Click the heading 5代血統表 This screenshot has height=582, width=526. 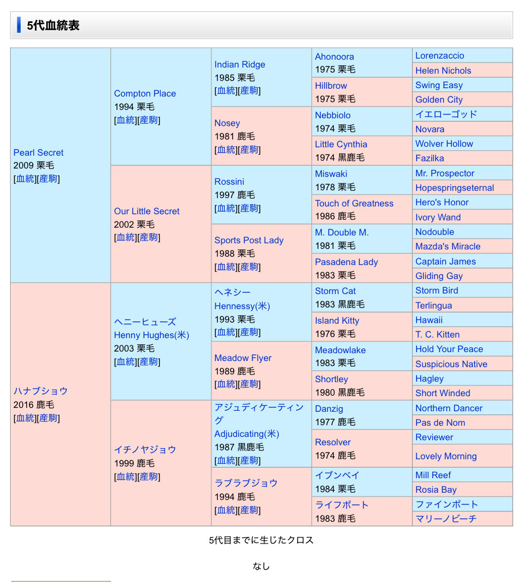click(x=53, y=26)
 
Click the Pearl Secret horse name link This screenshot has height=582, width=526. click(x=38, y=152)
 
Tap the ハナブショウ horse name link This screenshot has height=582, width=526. click(x=40, y=391)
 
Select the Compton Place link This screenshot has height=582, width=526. click(x=145, y=94)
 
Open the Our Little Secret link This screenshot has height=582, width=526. click(x=147, y=211)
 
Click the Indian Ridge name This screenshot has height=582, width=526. click(x=240, y=65)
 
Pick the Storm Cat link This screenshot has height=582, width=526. click(x=335, y=291)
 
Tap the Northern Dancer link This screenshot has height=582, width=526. click(x=449, y=408)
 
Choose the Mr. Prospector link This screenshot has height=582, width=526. click(x=445, y=173)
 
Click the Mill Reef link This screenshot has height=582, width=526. click(x=433, y=475)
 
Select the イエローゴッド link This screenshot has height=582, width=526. click(x=446, y=114)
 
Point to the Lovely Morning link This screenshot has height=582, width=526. click(x=446, y=456)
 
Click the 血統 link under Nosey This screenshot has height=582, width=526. click(x=226, y=150)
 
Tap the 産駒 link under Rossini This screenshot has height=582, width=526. click(x=249, y=208)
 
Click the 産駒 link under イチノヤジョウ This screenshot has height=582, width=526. click(x=149, y=477)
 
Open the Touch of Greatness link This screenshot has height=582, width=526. click(x=354, y=203)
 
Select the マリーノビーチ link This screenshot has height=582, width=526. click(x=446, y=518)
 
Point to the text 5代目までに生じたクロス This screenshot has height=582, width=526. click(x=261, y=540)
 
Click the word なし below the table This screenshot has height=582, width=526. click(x=261, y=566)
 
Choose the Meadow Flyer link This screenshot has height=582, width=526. click(x=243, y=358)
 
